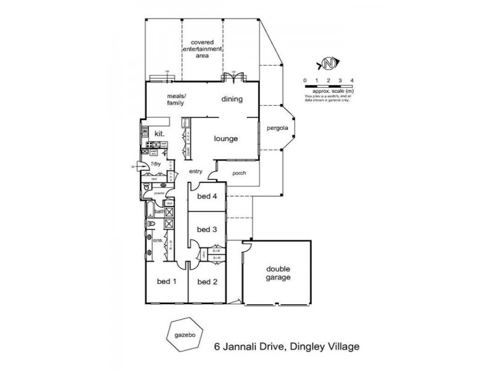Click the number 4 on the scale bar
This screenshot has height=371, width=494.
[x=351, y=81]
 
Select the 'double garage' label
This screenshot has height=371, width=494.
[x=278, y=273]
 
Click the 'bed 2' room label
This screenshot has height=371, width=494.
[x=207, y=282]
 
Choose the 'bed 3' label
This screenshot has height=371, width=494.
[x=207, y=229]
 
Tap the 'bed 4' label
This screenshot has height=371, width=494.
[x=207, y=197]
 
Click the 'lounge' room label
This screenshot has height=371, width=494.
[x=226, y=139]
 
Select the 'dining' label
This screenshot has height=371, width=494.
[x=232, y=99]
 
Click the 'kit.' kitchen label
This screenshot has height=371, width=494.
[x=159, y=133]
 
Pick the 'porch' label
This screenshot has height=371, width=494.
[x=239, y=173]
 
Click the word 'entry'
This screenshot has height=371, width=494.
[x=196, y=173]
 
